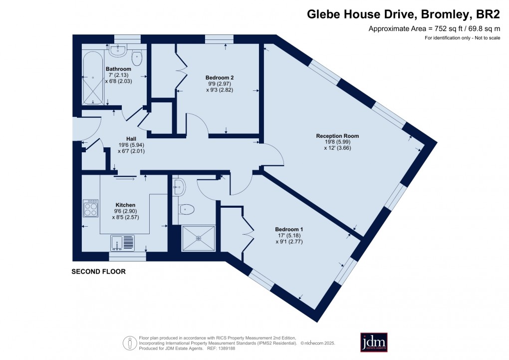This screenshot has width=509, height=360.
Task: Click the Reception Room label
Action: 337,136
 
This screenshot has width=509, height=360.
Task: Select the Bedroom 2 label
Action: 220,77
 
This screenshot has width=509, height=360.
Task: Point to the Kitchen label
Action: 125,205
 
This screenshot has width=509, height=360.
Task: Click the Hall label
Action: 131,138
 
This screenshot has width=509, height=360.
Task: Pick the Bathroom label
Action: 118,69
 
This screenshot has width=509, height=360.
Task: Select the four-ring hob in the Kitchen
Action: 90,208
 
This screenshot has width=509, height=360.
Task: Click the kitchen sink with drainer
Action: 122,243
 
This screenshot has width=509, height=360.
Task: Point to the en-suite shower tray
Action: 199,238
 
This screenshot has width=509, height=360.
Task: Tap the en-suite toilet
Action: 187,209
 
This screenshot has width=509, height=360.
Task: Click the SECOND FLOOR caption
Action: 98,272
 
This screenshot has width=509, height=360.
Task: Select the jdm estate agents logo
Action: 374,342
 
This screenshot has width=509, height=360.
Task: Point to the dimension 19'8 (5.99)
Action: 337,142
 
